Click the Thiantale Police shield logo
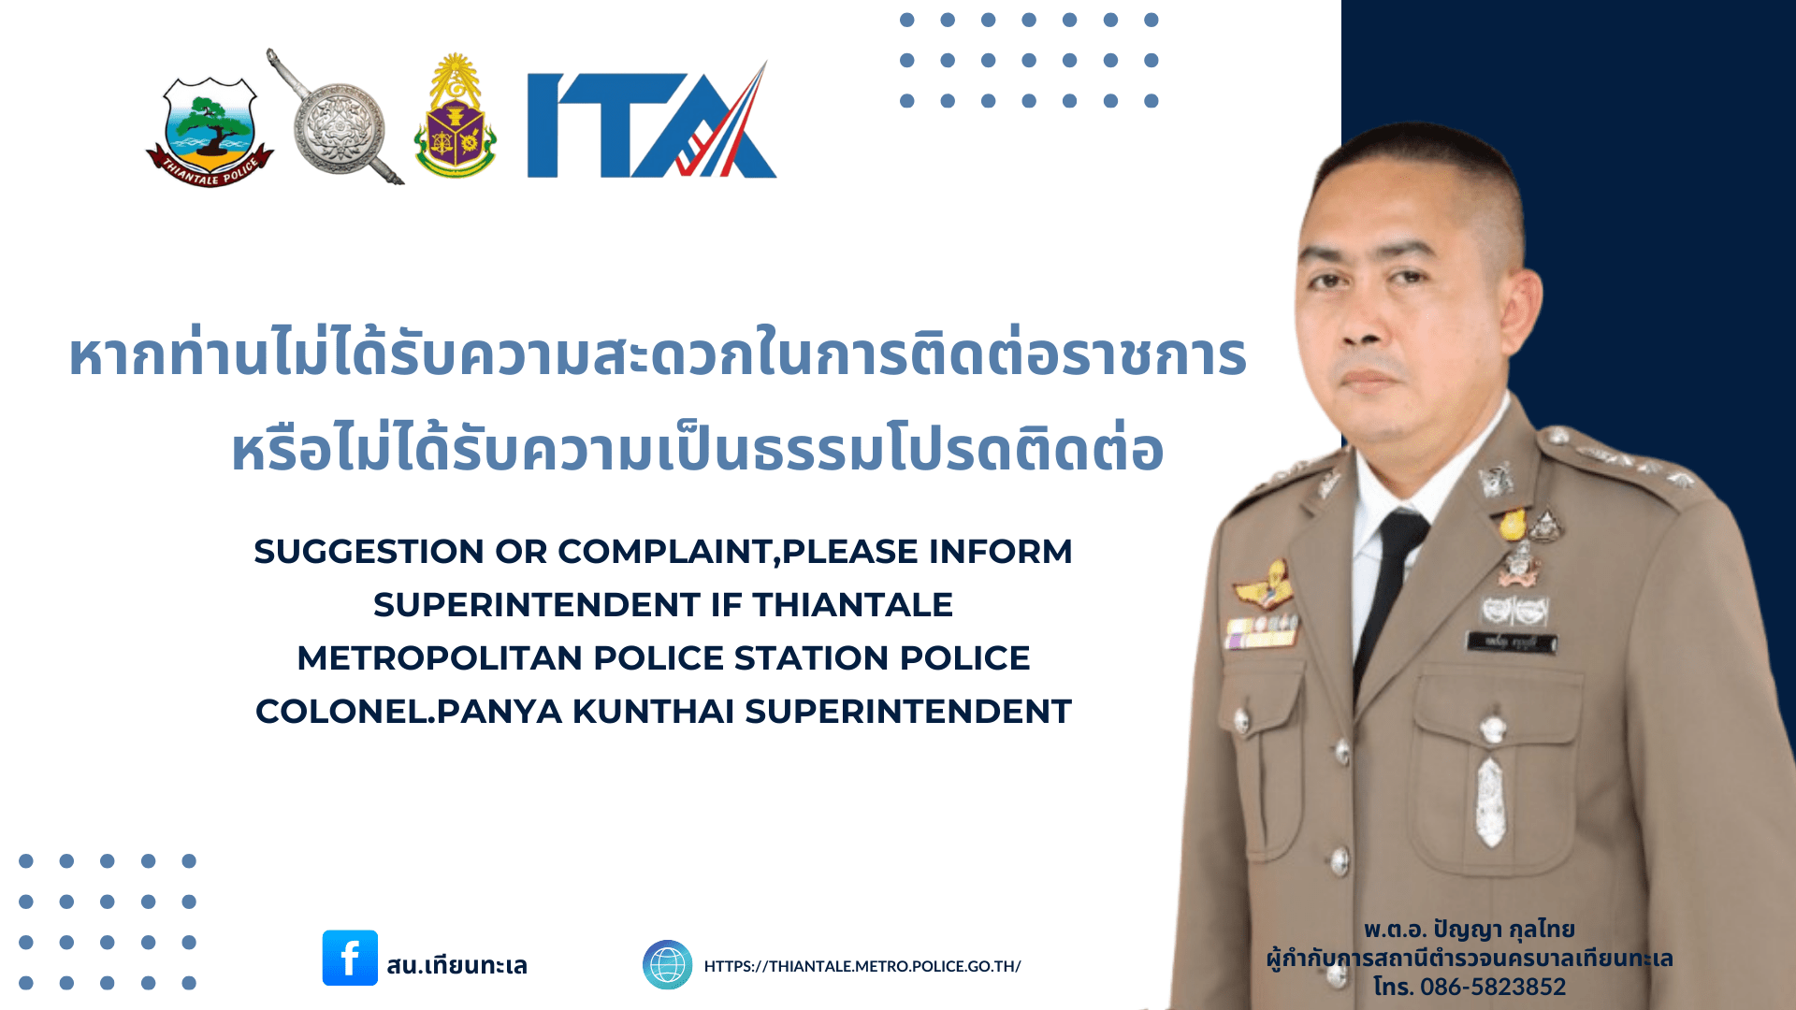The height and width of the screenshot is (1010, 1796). point(210,131)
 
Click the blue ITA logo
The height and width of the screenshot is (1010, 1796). point(652,120)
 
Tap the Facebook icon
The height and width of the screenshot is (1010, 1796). point(350,958)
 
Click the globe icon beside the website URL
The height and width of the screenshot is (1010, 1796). point(667,964)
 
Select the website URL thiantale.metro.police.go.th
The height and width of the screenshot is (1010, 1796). point(862,966)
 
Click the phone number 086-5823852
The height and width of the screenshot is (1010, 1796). point(1493,987)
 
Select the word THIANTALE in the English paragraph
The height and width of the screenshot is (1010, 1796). point(853,605)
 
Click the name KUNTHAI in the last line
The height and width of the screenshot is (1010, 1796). point(653,712)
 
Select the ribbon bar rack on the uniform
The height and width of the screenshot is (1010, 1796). point(1262,632)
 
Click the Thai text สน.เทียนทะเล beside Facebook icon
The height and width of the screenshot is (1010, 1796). point(456,964)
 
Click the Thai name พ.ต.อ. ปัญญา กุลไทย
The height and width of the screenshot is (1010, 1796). point(1469,929)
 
